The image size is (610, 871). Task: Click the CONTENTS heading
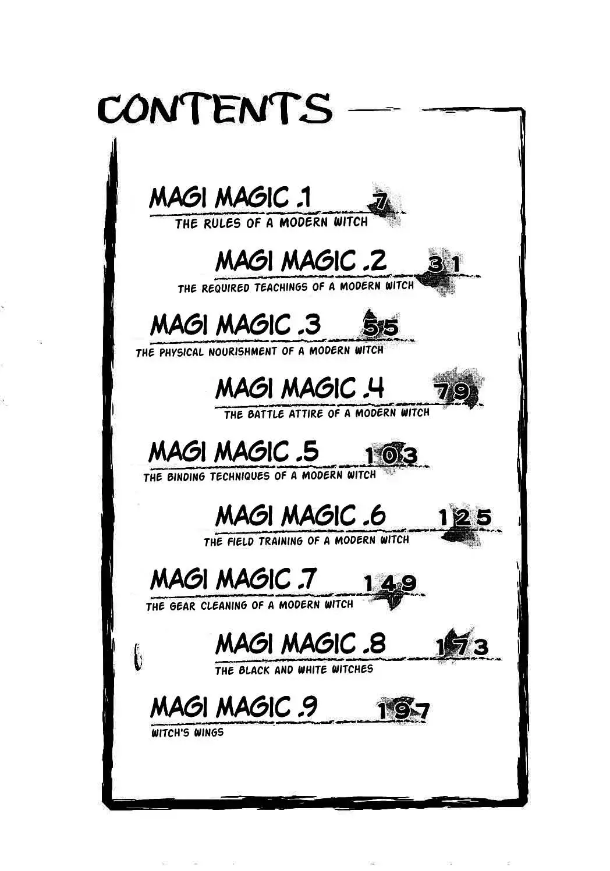click(x=215, y=109)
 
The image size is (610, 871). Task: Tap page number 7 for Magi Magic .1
click(x=380, y=203)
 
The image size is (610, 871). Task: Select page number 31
click(x=445, y=265)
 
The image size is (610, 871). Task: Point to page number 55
click(x=381, y=328)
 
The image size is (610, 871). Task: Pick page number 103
click(x=391, y=456)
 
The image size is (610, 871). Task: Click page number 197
click(x=403, y=710)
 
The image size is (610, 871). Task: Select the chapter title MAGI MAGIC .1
click(x=230, y=198)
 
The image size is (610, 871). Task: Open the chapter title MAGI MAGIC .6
click(x=300, y=516)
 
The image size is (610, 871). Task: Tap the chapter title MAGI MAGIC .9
click(x=233, y=707)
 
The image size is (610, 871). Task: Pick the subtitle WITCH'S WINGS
click(x=187, y=733)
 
